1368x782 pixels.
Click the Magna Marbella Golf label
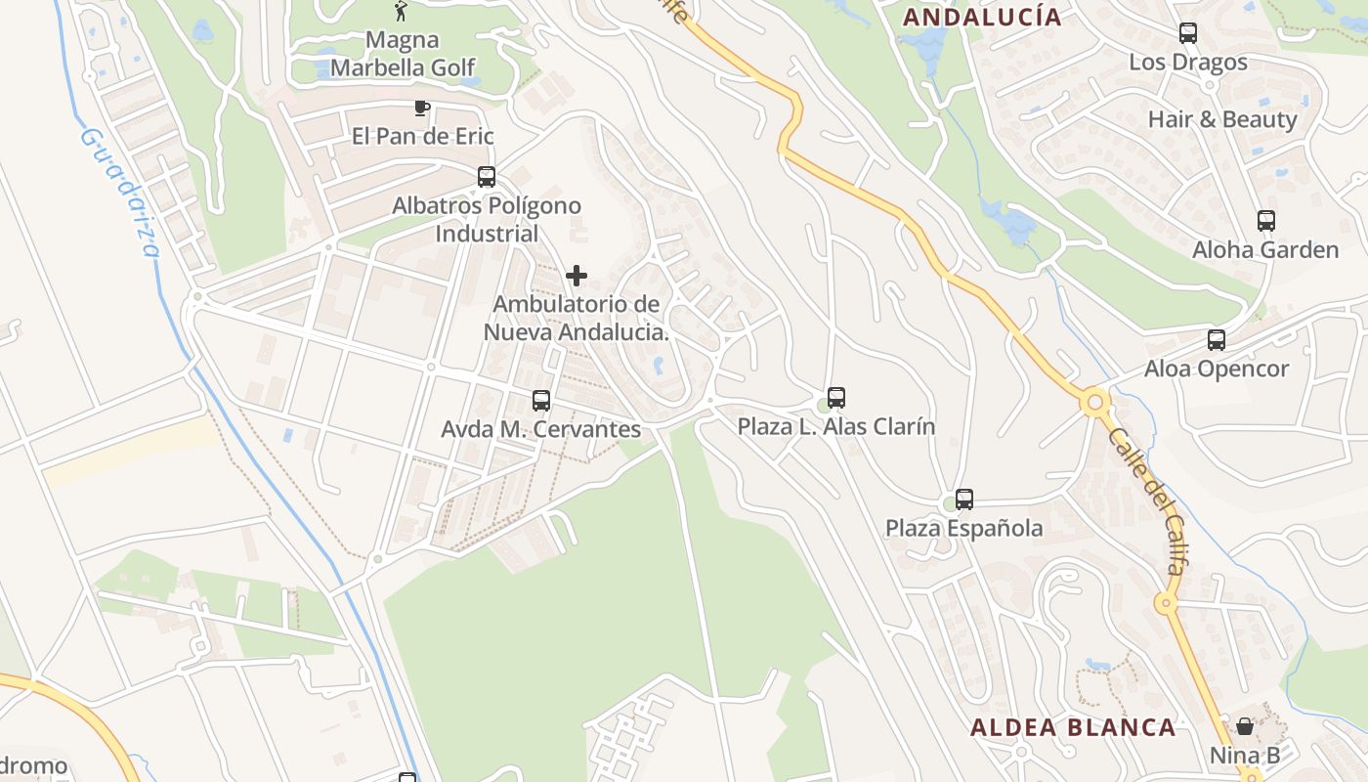point(403,54)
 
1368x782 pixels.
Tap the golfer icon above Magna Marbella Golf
point(401,11)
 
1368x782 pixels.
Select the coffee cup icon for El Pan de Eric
point(422,108)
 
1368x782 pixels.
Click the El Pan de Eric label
point(423,136)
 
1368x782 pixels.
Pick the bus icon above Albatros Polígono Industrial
point(487,177)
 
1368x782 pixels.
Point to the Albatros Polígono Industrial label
point(487,220)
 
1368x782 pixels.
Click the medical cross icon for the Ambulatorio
point(577,276)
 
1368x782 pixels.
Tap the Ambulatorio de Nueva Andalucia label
point(577,319)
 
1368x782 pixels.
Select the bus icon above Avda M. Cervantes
point(541,400)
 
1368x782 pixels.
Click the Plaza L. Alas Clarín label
point(836,427)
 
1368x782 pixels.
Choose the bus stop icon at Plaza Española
point(964,500)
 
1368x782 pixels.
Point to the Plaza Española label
point(964,529)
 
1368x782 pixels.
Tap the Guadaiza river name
point(122,191)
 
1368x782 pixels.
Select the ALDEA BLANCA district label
point(1073,727)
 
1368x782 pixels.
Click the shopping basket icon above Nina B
point(1245,725)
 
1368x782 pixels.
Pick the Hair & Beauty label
point(1222,119)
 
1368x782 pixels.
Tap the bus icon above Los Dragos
point(1188,33)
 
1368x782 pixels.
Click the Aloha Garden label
point(1265,250)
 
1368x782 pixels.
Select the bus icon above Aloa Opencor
point(1217,340)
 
